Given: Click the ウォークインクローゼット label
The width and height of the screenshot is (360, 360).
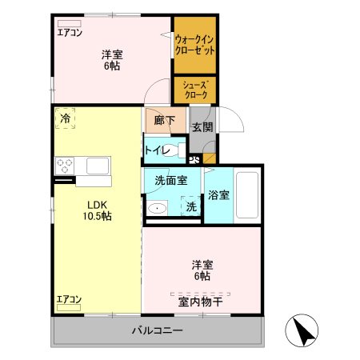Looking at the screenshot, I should tap(194, 44).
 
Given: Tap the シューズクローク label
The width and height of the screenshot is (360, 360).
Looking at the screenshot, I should tap(194, 88).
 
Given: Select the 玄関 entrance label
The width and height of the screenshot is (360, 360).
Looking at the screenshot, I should tap(201, 126).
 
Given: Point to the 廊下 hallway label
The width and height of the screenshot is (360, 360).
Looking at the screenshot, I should tap(164, 121).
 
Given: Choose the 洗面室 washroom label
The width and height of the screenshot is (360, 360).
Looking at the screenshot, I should tap(171, 181).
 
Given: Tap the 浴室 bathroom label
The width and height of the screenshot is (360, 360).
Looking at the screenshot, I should tap(218, 194).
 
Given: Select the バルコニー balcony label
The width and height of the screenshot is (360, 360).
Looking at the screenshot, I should tap(158, 330).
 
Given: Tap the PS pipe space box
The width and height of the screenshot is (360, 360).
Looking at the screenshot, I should tap(194, 158).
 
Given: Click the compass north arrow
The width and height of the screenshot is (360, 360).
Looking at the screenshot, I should tap(302, 330).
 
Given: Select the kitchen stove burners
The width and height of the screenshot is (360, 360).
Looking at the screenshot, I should tap(64, 166).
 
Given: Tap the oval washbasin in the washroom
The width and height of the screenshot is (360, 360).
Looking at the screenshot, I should tap(158, 209).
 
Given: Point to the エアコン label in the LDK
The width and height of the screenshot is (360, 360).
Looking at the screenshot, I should tap(69, 300).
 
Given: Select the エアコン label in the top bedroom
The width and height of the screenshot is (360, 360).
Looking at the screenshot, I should tap(69, 33).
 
